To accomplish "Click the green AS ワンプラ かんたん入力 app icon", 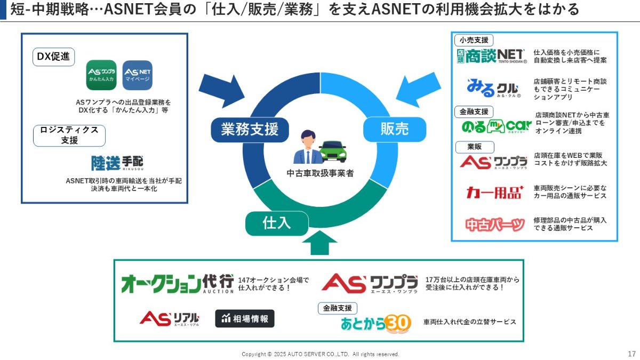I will (101, 75).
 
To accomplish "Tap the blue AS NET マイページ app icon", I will (138, 75).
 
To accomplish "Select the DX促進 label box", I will (53, 57).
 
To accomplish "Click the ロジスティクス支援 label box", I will (69, 135).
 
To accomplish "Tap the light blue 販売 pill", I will (395, 129).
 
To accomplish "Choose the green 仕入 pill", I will (277, 223).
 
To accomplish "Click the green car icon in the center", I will (333, 151).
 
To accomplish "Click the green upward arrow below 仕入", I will (319, 245).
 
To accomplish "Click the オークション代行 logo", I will (178, 283).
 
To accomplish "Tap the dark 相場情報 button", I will (245, 318).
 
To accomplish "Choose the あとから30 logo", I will (376, 323).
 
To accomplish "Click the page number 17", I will (631, 354).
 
